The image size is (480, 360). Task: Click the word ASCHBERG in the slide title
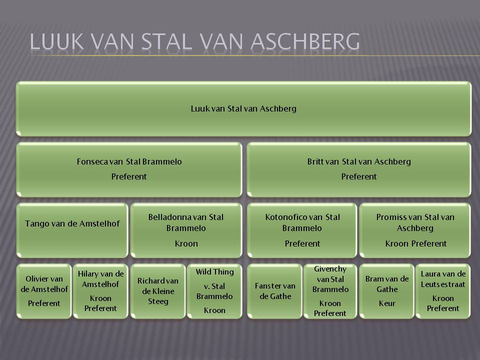tap(305, 41)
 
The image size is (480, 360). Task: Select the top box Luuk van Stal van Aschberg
tap(243, 108)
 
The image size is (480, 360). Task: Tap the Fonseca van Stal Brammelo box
tap(129, 169)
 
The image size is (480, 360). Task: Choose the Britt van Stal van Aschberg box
tap(359, 169)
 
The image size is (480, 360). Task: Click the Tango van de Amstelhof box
tap(72, 230)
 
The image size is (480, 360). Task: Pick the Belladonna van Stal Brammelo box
tap(186, 230)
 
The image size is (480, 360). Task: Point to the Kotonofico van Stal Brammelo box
tap(302, 230)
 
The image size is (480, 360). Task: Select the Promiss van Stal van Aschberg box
tap(415, 230)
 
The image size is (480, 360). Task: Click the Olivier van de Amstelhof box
tap(44, 291)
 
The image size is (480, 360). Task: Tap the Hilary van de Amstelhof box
tap(100, 291)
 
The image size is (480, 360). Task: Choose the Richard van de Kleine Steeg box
tap(158, 291)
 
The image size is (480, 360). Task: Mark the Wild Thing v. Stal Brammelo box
tap(214, 291)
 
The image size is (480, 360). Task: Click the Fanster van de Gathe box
tap(274, 291)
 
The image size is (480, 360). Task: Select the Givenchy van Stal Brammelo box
tap(330, 291)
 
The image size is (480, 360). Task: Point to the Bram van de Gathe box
tap(387, 291)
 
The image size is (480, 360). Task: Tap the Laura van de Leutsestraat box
tap(443, 291)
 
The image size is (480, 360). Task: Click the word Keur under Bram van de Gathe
tap(387, 303)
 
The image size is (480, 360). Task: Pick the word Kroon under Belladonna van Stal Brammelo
tap(186, 243)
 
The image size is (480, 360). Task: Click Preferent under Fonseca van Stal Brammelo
tap(129, 176)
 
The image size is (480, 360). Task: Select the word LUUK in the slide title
tap(57, 41)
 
